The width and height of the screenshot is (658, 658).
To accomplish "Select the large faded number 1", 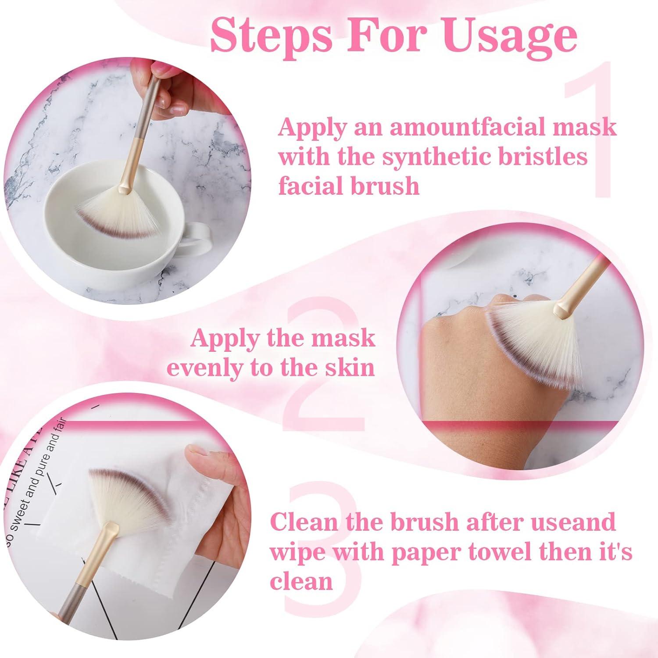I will point(590,132).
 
